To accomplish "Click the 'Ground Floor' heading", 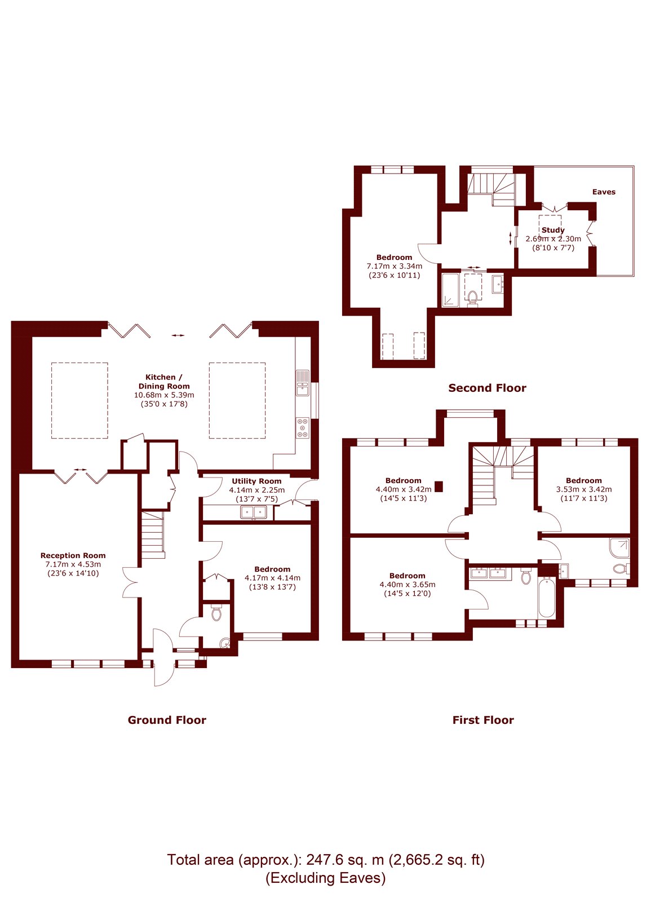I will coord(167,720).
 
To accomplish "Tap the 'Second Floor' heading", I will coord(487,388).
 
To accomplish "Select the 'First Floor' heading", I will coord(483,720).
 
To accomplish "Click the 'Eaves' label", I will coord(604,192).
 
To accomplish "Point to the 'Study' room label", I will coord(553,230).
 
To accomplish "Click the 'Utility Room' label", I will coord(256,481).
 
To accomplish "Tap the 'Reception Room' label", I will coord(73,555).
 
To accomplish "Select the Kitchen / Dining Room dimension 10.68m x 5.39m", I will coord(164,395).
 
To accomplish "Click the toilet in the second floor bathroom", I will coord(472,297).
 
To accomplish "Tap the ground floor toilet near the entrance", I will coord(216,613).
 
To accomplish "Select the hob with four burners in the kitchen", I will coord(303,427).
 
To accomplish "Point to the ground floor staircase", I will coord(152,533).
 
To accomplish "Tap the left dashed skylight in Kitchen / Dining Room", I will coord(79,400).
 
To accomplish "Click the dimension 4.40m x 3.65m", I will coord(407,585).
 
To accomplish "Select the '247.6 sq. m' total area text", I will coord(345,860).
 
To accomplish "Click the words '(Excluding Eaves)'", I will coord(326,878).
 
